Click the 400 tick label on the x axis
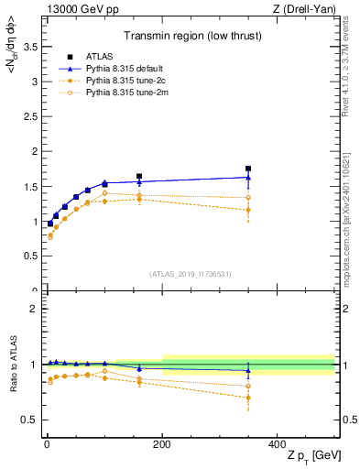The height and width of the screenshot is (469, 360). pos(278,444)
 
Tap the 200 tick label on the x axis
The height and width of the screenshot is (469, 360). pos(162,444)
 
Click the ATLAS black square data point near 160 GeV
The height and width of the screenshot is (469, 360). pos(139,176)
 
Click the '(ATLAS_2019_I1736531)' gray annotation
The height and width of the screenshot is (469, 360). pos(190,274)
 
